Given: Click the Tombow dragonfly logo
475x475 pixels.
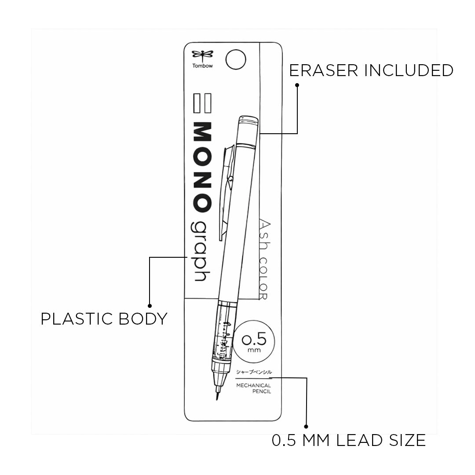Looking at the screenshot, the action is (x=202, y=55).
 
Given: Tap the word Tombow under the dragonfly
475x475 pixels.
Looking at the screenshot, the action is (x=202, y=66).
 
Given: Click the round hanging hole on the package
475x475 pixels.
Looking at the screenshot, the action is (x=236, y=59).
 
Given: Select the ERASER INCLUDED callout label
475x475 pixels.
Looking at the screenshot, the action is (x=371, y=70).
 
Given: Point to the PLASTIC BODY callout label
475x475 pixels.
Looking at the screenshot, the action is (x=104, y=319).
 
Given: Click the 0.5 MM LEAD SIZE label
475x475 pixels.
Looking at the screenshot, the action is (x=349, y=440).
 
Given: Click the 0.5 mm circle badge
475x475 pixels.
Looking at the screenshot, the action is (x=254, y=341).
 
